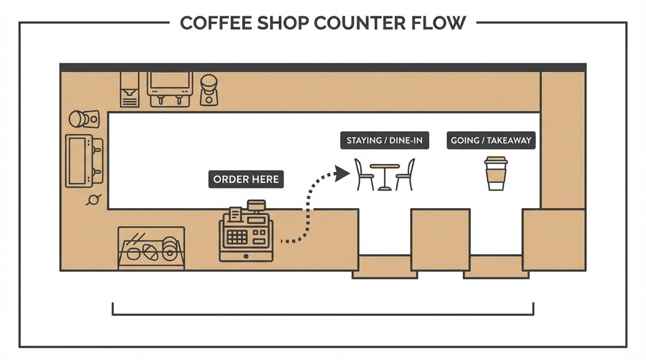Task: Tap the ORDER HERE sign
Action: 245,180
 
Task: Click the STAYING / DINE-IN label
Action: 385,140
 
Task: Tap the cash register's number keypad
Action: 237,237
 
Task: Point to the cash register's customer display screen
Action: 256,205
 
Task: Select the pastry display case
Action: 151,248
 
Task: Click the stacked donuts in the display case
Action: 170,249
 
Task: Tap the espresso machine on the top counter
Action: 170,88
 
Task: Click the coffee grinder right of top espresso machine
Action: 208,90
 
